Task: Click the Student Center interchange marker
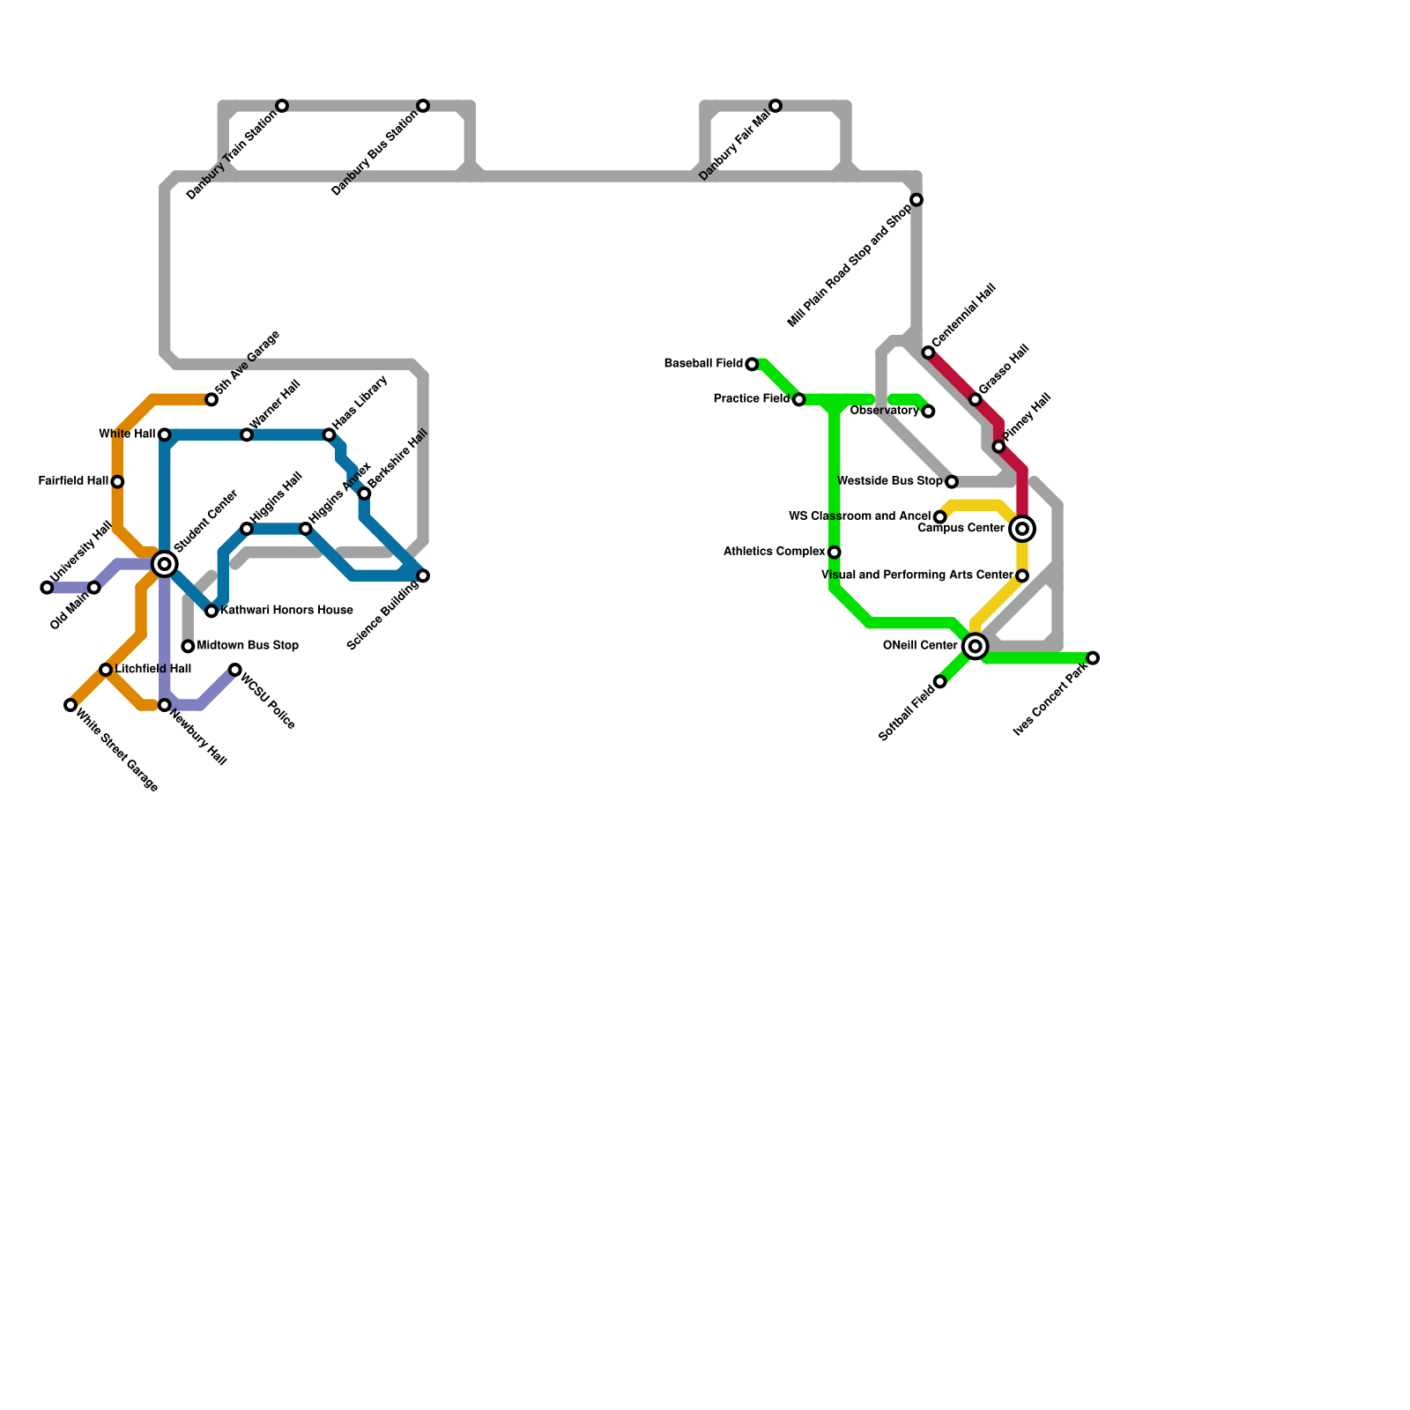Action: tap(164, 564)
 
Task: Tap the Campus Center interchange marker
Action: tap(1022, 529)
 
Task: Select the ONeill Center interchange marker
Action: tap(975, 646)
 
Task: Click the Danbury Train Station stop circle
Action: tap(282, 107)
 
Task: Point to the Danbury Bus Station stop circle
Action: tap(423, 107)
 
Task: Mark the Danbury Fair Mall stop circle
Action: tap(775, 107)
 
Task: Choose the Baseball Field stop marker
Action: tap(752, 364)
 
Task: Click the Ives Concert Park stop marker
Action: tap(1093, 658)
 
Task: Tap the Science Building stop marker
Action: tap(423, 576)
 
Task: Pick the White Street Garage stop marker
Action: tap(70, 705)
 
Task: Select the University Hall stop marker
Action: tap(47, 588)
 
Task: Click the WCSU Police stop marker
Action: tap(235, 671)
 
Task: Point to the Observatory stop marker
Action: tap(928, 412)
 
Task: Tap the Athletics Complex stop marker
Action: tap(835, 553)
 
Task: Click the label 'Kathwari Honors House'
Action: tap(286, 611)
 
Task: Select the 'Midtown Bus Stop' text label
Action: tap(248, 646)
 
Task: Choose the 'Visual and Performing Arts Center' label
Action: tap(916, 575)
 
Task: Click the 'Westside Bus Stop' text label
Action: tap(889, 481)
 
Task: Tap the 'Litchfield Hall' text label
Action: tap(153, 670)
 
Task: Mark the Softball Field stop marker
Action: tap(940, 682)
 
